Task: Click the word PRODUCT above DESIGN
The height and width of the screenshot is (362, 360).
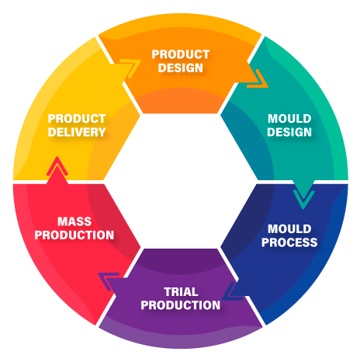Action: (x=181, y=54)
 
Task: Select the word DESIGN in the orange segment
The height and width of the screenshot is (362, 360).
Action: (x=181, y=68)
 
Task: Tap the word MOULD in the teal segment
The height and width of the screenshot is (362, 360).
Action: (x=289, y=119)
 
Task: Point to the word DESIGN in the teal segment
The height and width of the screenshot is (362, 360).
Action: (x=289, y=132)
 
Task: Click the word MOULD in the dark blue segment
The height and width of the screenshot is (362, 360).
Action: (x=289, y=229)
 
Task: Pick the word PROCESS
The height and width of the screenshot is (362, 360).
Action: (x=289, y=242)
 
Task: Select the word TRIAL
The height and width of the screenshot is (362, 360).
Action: (x=181, y=292)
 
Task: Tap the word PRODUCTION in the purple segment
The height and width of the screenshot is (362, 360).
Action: (x=181, y=305)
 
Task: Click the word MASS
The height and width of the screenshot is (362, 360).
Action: (x=74, y=221)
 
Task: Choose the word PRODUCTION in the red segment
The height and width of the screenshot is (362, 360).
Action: (x=74, y=235)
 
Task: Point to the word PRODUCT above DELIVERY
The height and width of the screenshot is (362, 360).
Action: (x=77, y=119)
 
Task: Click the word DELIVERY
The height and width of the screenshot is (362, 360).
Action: (x=77, y=132)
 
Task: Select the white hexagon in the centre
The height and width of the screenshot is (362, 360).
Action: (x=180, y=181)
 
